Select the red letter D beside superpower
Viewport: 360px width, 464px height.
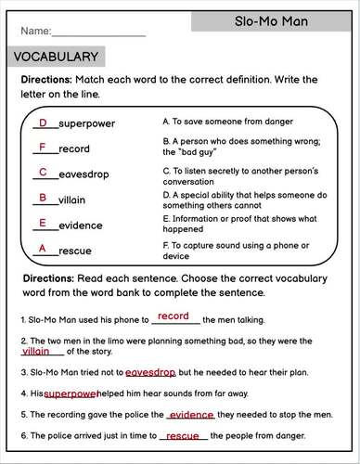[x=42, y=122]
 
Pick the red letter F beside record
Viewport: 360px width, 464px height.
[x=42, y=148]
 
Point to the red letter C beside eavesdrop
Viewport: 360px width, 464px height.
[x=43, y=173]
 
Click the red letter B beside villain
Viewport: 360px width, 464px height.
[x=43, y=198]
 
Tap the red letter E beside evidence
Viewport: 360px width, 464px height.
[x=43, y=223]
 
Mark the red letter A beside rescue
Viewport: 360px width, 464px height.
[x=42, y=248]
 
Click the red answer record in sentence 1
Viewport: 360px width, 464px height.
[x=174, y=316]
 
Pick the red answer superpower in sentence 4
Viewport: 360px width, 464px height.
[x=71, y=393]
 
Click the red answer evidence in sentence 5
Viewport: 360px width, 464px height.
[x=192, y=415]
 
